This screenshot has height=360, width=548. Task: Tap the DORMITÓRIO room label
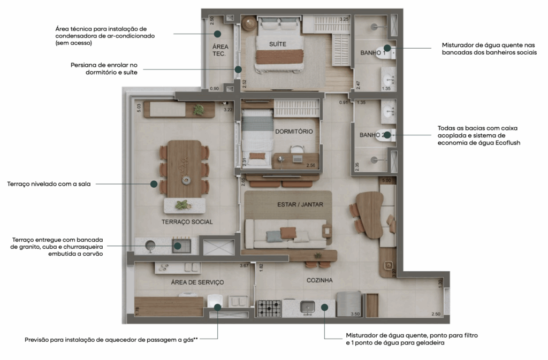coord(294,131)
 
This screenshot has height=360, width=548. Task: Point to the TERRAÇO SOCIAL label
coord(187,221)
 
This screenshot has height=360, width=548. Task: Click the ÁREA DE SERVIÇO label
coord(197,282)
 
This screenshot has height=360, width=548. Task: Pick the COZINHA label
coord(319,280)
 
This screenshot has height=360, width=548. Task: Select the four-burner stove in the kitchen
coord(269,308)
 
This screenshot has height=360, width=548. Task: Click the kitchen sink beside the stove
coord(307,307)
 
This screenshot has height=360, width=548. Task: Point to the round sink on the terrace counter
coord(150,246)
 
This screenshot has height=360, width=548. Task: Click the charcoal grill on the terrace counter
coord(180,246)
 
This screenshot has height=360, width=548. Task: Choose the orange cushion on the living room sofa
coord(288,233)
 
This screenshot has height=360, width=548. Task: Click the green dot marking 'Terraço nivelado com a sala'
coord(154,183)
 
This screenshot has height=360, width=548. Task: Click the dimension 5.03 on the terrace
coord(139,108)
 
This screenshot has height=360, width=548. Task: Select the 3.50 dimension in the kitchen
coord(354,314)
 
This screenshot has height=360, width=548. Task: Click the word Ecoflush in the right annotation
coord(506,143)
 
